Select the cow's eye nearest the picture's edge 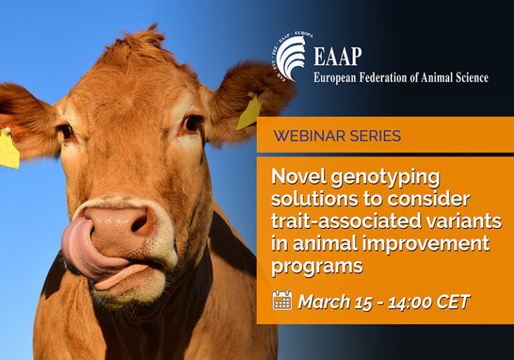point(67,132)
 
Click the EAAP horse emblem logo point(291,57)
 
